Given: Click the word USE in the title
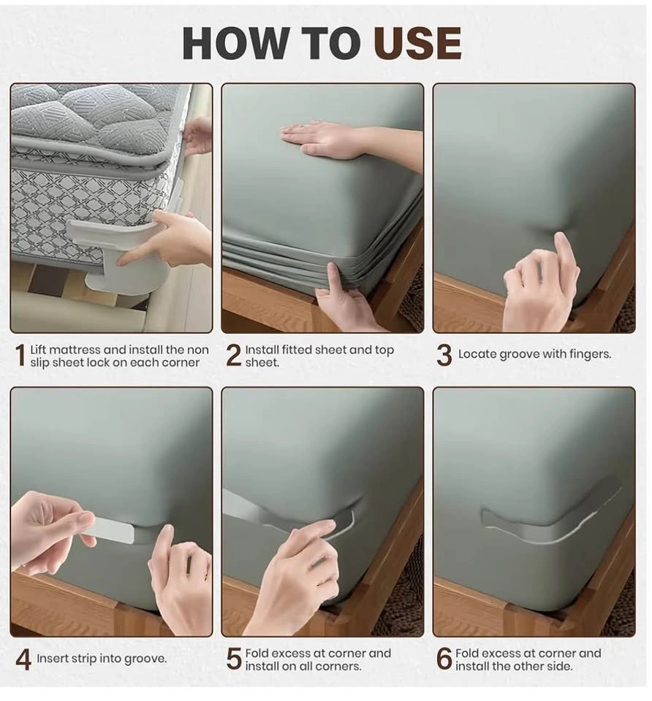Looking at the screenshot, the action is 417,43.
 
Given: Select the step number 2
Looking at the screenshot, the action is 234,356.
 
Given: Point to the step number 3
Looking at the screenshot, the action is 444,356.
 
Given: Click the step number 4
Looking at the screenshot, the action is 23,660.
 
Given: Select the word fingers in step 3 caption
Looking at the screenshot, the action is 590,354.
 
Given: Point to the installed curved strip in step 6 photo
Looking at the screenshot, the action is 550,518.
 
